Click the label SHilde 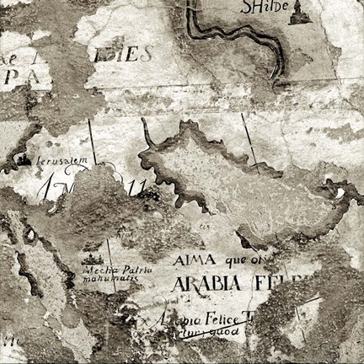coord(260,8)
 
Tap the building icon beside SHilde coord(297,12)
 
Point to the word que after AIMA coord(233,260)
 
